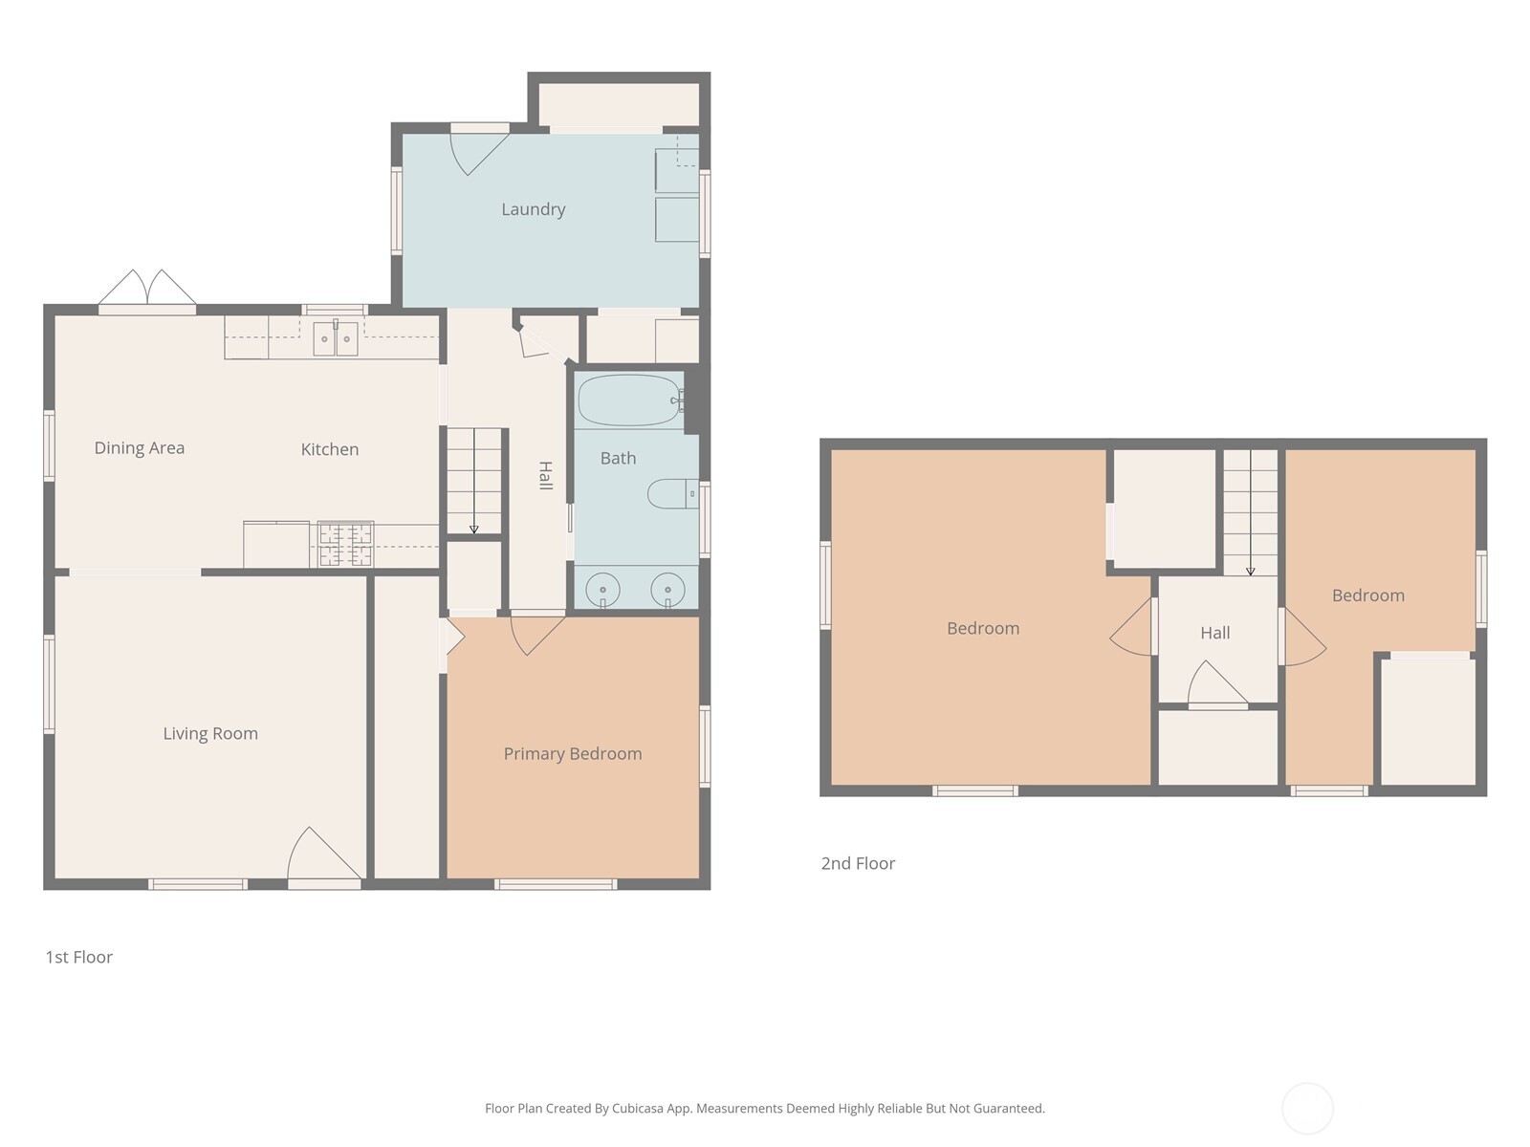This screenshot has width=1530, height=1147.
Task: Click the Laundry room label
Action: [534, 209]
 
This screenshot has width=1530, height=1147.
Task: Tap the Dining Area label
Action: [140, 447]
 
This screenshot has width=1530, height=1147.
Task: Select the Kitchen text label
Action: [330, 449]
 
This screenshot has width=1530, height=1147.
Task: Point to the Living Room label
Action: [210, 733]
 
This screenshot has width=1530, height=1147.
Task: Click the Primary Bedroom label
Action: [573, 753]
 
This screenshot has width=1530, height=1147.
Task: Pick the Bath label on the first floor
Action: [619, 458]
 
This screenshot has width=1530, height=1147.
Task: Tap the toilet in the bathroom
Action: [672, 494]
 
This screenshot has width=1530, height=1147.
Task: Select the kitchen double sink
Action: [336, 338]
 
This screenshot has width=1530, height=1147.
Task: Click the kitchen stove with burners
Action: [346, 544]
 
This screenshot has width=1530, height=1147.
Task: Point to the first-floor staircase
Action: [474, 481]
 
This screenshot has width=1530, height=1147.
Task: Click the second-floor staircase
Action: [1251, 512]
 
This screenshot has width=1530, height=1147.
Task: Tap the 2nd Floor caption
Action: [858, 863]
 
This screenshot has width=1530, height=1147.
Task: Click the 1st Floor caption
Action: [78, 957]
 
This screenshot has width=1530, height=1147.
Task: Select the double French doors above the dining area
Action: [147, 289]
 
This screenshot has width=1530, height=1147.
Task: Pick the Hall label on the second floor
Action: [1215, 633]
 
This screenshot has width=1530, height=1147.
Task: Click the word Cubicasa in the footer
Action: [638, 1108]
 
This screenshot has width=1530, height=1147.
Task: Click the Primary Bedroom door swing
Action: [537, 635]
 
